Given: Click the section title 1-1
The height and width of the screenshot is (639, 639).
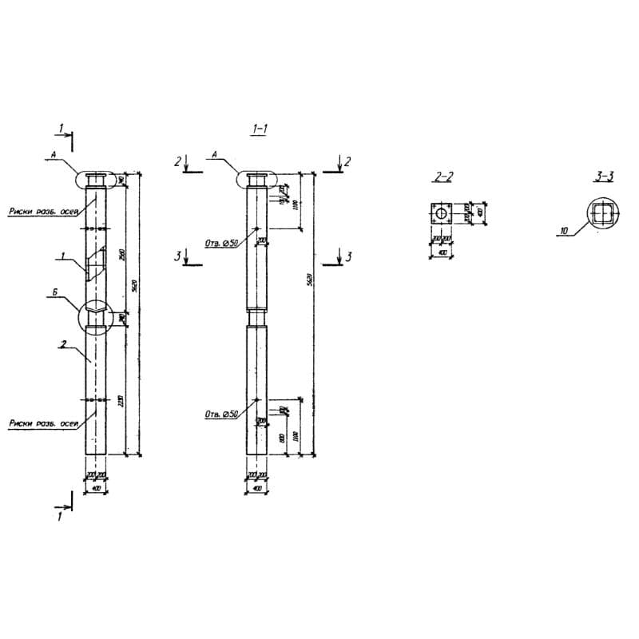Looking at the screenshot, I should tap(258, 129).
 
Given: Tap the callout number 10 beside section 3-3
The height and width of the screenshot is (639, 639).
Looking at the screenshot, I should tap(564, 232).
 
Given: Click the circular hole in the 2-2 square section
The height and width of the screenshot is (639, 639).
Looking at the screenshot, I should tap(440, 215).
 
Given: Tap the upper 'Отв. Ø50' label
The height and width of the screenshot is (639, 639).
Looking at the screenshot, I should tap(221, 244).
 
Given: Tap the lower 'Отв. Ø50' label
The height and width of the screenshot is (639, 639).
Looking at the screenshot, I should tap(221, 414).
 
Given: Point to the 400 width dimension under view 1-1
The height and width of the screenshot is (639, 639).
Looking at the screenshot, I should tap(257, 487).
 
